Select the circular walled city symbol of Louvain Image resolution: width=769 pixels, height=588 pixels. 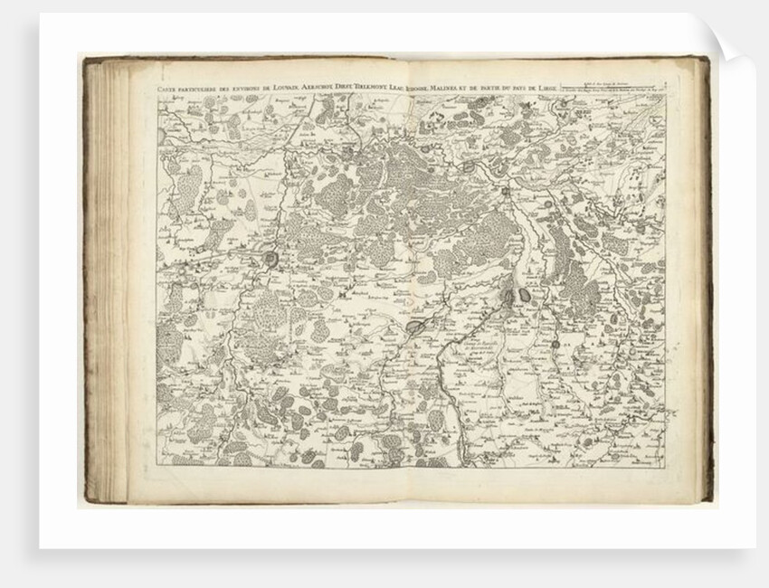[271, 261]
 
